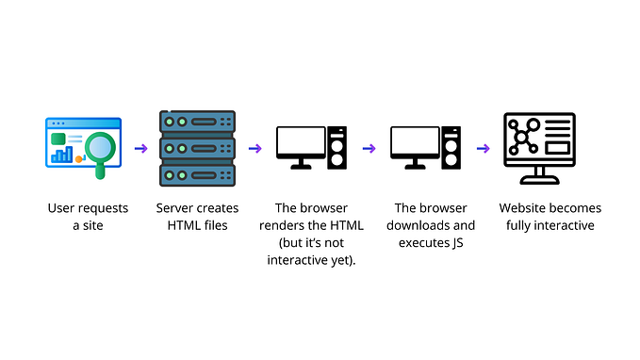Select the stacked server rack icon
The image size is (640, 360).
197,149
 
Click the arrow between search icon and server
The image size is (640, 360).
140,148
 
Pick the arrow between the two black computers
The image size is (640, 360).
369,148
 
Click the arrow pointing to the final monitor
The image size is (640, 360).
483,148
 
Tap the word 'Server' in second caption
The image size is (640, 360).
175,208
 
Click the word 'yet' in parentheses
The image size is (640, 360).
340,260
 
